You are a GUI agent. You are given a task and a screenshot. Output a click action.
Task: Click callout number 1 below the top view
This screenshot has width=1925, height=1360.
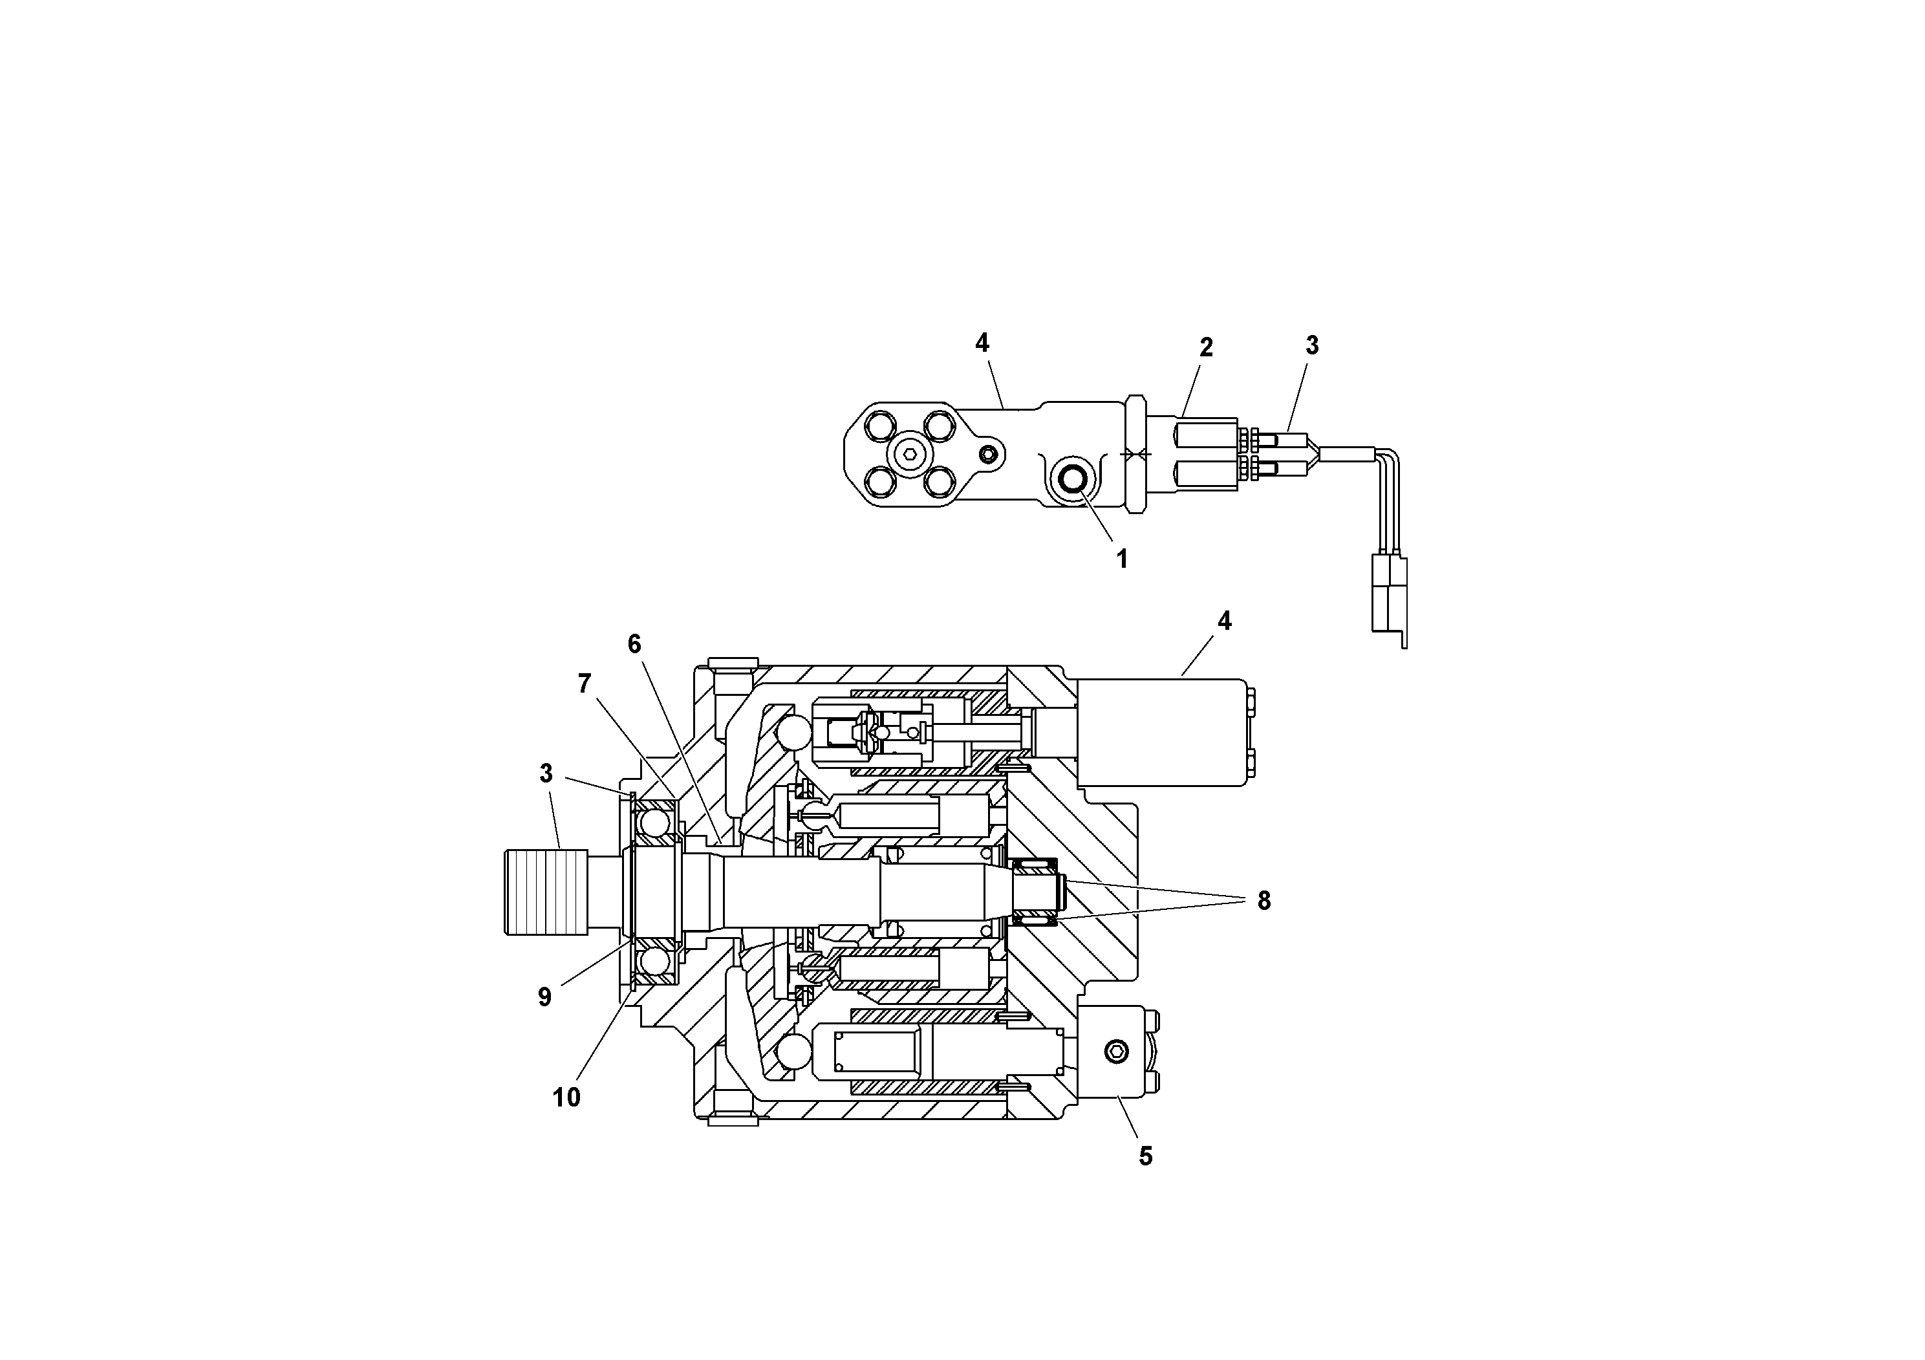(1122, 559)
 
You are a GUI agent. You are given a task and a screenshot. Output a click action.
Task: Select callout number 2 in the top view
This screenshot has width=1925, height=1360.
(1206, 347)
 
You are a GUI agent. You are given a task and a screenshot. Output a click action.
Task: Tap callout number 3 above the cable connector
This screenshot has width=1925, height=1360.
(1312, 345)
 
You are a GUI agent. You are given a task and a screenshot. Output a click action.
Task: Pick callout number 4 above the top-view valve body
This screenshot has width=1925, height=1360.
(982, 342)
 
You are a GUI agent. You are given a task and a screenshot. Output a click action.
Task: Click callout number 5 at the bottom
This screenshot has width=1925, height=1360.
(1145, 1156)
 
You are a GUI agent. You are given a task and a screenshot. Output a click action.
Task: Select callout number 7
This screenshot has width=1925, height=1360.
(585, 684)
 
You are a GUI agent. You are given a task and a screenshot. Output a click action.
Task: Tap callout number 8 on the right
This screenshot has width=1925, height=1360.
(1264, 901)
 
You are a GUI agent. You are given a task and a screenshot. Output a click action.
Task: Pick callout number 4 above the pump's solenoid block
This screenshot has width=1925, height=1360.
(1224, 621)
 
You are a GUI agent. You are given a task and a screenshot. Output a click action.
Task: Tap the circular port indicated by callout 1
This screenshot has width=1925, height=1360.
(1072, 480)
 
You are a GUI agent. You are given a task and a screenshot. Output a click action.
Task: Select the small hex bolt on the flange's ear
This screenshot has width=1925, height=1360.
(989, 453)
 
